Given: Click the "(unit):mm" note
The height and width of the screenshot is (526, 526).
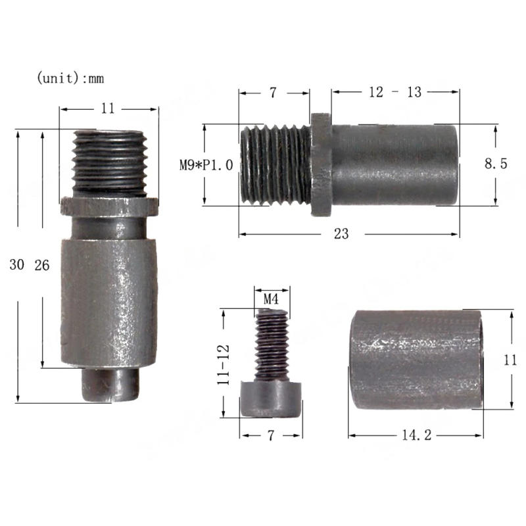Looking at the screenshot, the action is pyautogui.click(x=70, y=78).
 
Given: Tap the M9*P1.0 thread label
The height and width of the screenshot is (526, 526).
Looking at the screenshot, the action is pyautogui.click(x=206, y=165).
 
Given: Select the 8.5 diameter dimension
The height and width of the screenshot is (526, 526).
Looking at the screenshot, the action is pyautogui.click(x=496, y=163).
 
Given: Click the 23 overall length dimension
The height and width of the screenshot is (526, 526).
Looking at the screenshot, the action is pyautogui.click(x=341, y=234).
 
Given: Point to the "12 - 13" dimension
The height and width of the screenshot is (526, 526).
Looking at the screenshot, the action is pyautogui.click(x=395, y=92).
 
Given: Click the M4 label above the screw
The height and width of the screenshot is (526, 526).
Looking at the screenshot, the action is pyautogui.click(x=271, y=299).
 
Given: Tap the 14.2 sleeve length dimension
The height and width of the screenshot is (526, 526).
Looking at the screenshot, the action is pyautogui.click(x=417, y=435).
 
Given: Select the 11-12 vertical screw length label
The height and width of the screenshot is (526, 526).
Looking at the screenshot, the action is pyautogui.click(x=224, y=365).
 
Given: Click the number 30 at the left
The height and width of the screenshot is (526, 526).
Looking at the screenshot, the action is pyautogui.click(x=17, y=265).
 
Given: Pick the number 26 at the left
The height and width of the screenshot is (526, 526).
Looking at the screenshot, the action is pyautogui.click(x=42, y=266).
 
